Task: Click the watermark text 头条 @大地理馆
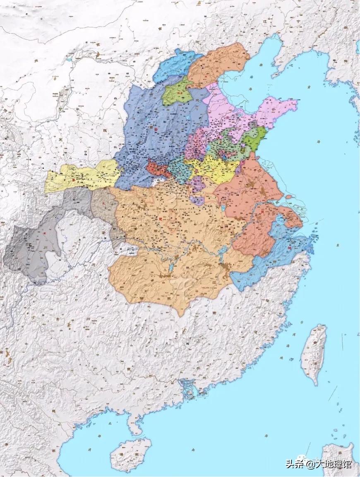[319, 464]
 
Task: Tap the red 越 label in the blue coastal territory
[289, 247]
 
